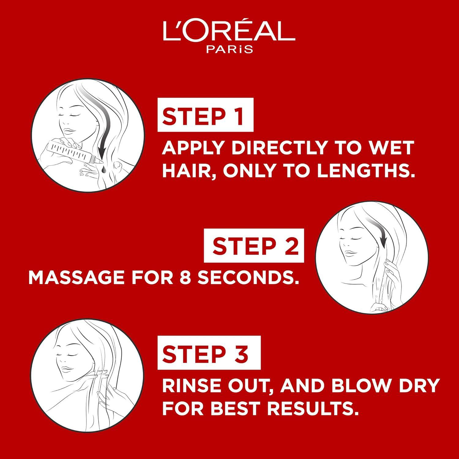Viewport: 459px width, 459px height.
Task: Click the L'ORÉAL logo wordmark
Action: (x=229, y=31)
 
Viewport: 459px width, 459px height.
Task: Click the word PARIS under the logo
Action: (x=229, y=49)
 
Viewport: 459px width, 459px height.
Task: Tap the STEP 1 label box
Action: (x=205, y=115)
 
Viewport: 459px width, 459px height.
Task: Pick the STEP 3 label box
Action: (x=209, y=353)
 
